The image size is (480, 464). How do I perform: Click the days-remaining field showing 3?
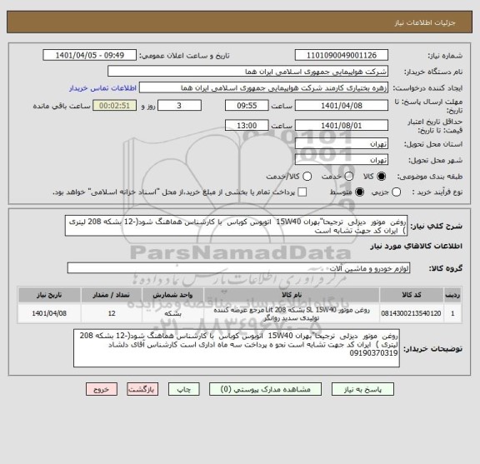pos(182,106)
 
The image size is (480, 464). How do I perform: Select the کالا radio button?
pos(381,177)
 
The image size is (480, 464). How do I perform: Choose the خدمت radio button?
pos(342,177)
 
